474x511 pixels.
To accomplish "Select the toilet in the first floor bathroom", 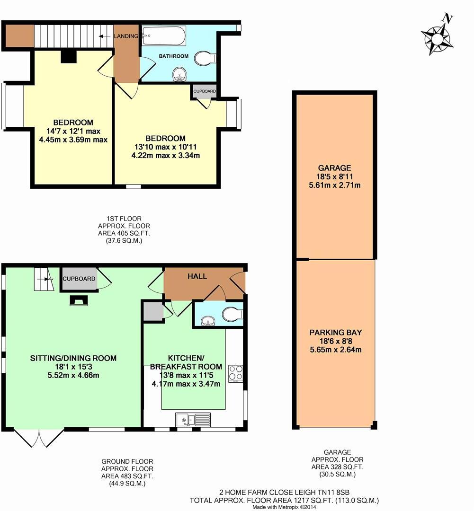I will point(205,59).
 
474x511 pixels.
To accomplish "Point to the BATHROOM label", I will point(173,56).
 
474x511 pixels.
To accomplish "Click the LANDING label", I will point(125,36).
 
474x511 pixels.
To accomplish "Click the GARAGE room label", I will point(334,167).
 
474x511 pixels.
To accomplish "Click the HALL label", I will point(197,276).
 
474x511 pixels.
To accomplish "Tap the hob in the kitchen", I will point(235,373).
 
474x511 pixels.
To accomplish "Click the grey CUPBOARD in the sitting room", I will point(79,279).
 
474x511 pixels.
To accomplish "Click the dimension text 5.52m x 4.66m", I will point(72,375).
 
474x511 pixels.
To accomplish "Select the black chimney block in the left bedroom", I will point(69,57).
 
